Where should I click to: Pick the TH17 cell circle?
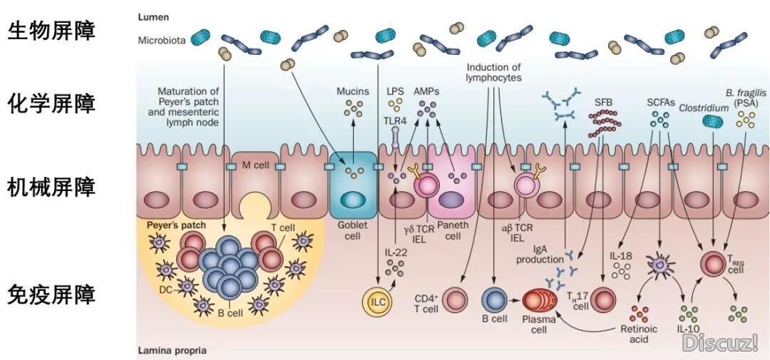[x=604, y=299]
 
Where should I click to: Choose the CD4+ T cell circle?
[x=456, y=299]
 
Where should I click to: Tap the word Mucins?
[x=352, y=91]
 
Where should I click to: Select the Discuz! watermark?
[x=720, y=344]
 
